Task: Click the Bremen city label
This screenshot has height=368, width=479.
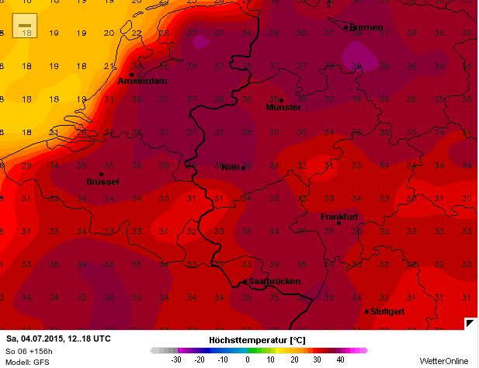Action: [x=366, y=28]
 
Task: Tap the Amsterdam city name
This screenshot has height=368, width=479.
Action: [x=143, y=82]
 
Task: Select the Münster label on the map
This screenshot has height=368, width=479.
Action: [x=283, y=108]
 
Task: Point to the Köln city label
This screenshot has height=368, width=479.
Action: [x=230, y=168]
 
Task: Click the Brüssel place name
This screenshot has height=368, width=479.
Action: [x=102, y=182]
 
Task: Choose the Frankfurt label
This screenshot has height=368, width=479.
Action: [x=339, y=217]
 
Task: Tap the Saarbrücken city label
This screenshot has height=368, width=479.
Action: [x=274, y=282]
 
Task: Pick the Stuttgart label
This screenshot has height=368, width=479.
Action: [x=389, y=312]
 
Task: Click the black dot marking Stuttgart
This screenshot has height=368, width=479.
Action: [x=366, y=312]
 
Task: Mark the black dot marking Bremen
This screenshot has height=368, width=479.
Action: [x=346, y=28]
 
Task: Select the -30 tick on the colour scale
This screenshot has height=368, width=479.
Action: [x=176, y=360]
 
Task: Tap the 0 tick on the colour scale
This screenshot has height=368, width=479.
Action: [x=248, y=360]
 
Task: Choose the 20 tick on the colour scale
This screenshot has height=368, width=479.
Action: [x=295, y=360]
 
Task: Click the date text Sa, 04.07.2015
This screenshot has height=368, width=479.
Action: [x=39, y=339]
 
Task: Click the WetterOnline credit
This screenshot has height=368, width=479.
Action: [x=444, y=361]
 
